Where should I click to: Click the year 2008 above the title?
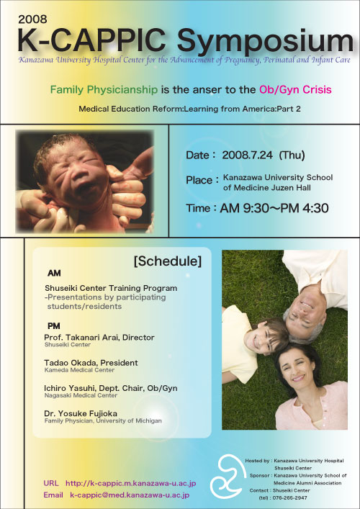32,19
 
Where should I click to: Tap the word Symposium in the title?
265,42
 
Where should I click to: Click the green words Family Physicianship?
104,89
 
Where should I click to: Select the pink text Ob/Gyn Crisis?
295,89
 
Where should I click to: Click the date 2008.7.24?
247,156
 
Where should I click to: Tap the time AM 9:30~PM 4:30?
274,208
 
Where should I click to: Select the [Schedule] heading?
168,261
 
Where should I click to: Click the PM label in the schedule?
54,326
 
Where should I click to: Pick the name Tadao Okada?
66,363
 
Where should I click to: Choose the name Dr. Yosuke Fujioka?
81,413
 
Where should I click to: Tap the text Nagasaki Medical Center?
81,395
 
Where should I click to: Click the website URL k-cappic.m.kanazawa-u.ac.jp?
131,483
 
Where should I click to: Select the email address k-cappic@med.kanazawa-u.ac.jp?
130,495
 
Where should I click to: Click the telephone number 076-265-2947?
289,497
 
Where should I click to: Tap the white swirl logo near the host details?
227,476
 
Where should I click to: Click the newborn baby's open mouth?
84,189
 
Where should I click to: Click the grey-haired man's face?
305,317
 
